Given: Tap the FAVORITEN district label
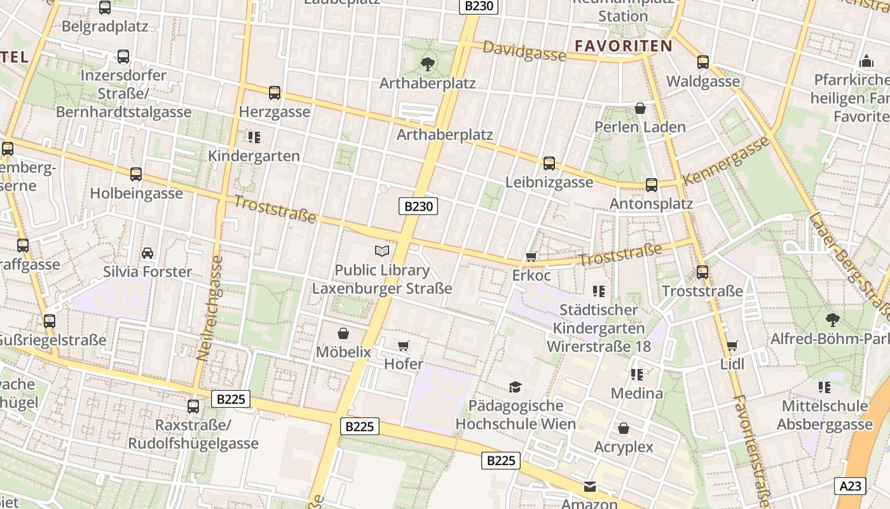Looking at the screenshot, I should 623,46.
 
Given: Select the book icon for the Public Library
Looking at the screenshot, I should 381,251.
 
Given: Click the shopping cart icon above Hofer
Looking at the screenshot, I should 403,345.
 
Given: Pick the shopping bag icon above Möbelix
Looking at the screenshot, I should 343,333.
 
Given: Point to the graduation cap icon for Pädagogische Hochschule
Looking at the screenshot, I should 515,387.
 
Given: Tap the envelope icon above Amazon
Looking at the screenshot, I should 590,487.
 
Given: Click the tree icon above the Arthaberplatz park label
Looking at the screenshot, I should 427,64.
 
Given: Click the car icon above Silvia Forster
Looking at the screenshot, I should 147,253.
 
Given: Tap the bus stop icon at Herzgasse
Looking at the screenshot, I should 275,93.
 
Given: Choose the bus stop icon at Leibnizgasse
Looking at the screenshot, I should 549,164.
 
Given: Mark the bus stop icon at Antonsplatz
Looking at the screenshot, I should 652,185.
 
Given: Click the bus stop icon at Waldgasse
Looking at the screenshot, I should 703,62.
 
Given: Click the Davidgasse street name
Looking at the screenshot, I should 524,51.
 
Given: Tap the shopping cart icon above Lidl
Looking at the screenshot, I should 732,345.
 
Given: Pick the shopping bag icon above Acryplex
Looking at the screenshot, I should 624,428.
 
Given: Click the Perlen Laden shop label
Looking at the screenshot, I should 640,127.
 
